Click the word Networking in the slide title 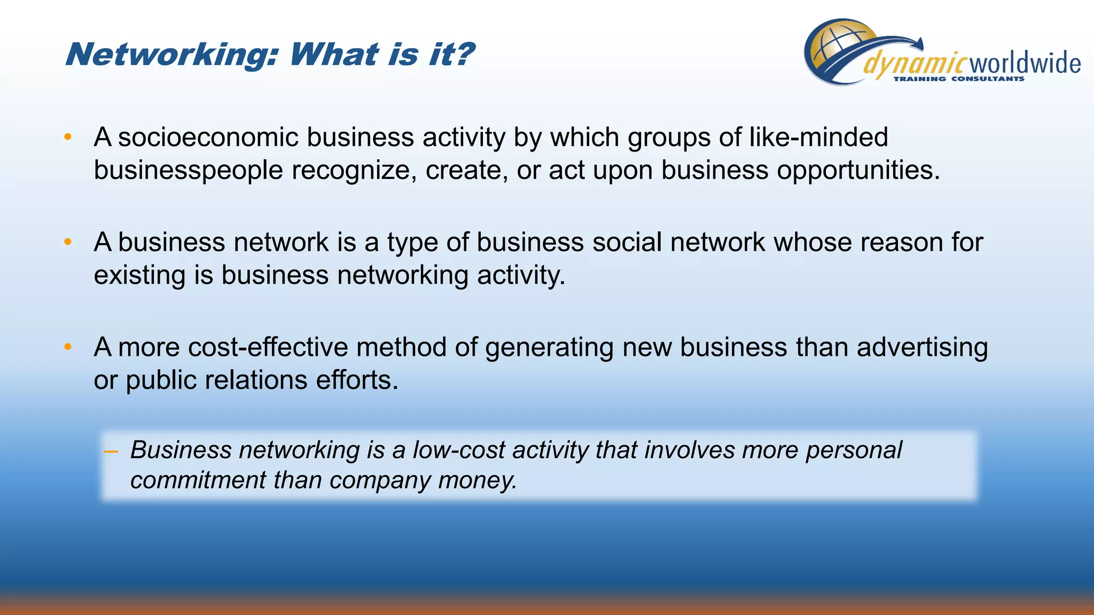(170, 55)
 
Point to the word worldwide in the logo (1025, 64)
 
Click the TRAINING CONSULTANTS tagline (959, 79)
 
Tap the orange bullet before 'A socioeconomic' (68, 137)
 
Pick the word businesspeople (188, 171)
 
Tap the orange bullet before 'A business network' (68, 242)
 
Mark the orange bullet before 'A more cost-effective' (68, 348)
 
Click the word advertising (923, 348)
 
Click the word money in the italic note (476, 480)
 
